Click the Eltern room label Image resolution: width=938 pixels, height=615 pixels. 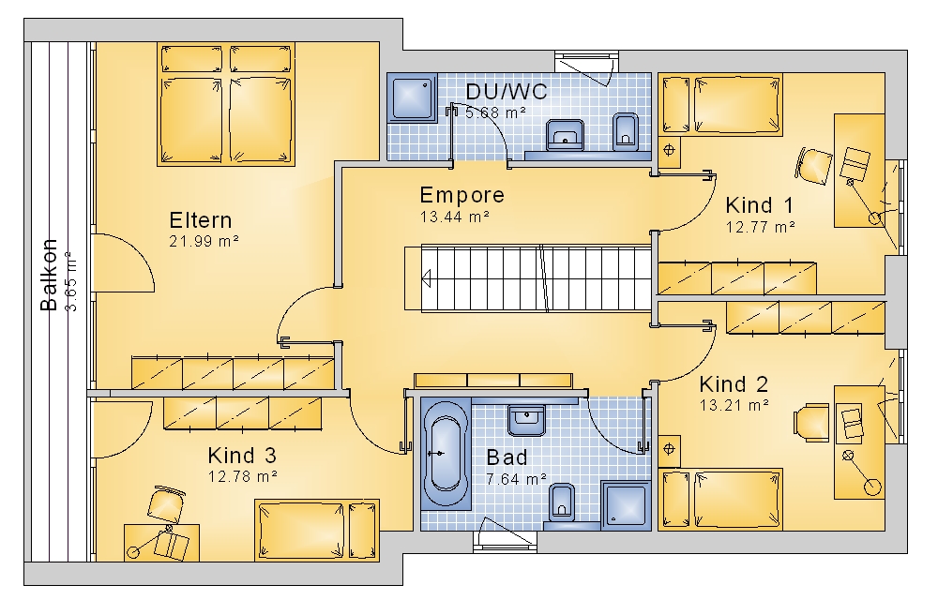(201, 220)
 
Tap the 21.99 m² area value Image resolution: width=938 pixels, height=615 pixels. (204, 242)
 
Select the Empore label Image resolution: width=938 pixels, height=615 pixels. (461, 195)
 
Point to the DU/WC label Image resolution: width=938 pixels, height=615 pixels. (507, 92)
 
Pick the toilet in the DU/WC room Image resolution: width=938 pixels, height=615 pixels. (626, 131)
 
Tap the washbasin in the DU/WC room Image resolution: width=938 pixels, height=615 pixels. (565, 134)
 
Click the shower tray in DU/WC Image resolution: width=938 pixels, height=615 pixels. (412, 97)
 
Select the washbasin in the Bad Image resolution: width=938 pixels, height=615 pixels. (526, 420)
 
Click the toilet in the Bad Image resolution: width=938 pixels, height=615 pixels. (561, 502)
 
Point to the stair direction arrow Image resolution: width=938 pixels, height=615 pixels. (426, 277)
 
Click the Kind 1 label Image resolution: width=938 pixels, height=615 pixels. (759, 205)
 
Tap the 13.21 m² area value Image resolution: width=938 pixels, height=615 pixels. (734, 405)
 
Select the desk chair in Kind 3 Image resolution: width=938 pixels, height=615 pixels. (166, 502)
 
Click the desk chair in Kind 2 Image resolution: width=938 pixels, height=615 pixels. (811, 422)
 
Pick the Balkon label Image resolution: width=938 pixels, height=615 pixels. (49, 275)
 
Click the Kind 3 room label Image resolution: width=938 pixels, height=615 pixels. (242, 456)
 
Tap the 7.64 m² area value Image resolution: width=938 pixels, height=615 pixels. (516, 479)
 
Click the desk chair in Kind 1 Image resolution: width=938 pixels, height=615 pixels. (813, 166)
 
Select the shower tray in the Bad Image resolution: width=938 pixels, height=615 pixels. (626, 506)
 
